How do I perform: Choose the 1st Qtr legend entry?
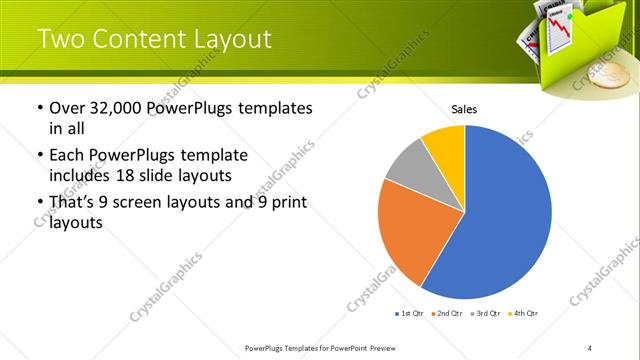(410, 314)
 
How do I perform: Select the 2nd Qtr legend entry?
(448, 314)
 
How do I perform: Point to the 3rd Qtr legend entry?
(486, 314)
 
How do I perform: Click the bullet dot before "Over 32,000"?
(39, 108)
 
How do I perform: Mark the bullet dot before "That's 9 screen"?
(39, 203)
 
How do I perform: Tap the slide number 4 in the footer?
(590, 347)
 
